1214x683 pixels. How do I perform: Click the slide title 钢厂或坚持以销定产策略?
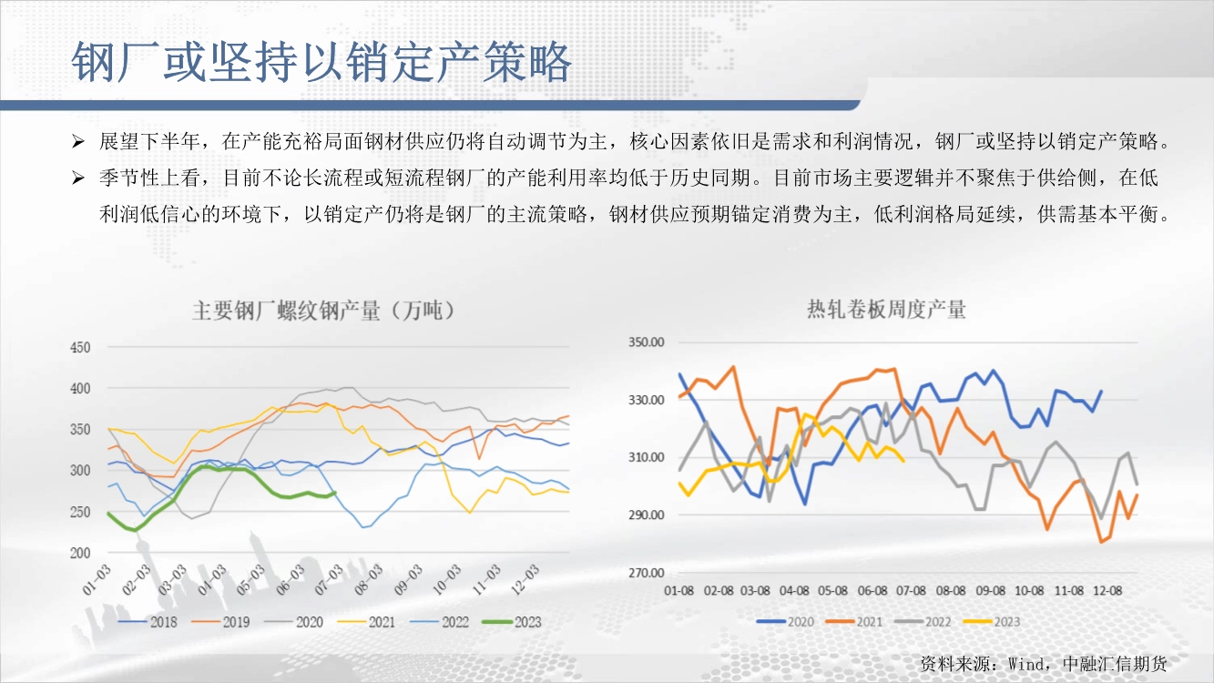click(x=321, y=63)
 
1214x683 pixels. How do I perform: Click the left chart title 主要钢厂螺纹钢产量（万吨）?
click(x=323, y=311)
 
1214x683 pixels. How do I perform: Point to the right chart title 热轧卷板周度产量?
click(x=886, y=310)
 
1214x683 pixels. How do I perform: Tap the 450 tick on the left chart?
click(x=80, y=348)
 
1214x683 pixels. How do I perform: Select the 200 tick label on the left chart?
click(x=80, y=553)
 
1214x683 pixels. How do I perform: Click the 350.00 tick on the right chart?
click(x=646, y=342)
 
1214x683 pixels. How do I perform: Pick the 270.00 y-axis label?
click(x=646, y=573)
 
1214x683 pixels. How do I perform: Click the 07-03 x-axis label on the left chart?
click(x=329, y=579)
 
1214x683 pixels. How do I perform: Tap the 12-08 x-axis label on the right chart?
click(x=1107, y=590)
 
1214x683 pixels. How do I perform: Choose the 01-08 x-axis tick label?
click(x=678, y=590)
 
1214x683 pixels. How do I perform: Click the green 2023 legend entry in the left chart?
click(x=512, y=622)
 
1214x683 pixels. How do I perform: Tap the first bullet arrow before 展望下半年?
click(x=78, y=142)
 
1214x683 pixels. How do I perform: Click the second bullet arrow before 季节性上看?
click(x=78, y=178)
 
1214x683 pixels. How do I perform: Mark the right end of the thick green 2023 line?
click(x=335, y=492)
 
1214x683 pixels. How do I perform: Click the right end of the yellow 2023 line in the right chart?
click(x=903, y=461)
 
